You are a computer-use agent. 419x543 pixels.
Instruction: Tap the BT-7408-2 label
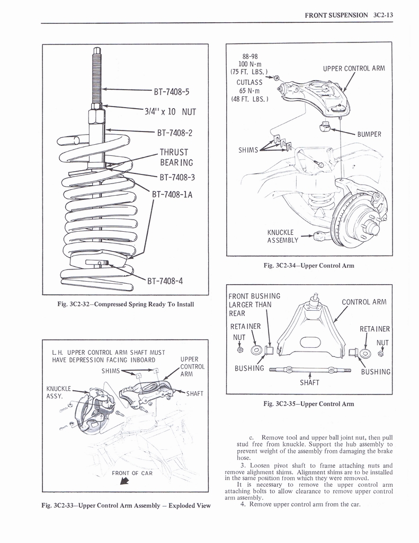(x=175, y=132)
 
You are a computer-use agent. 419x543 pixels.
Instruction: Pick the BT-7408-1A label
(x=172, y=194)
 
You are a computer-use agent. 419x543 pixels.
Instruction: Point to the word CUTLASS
(x=249, y=82)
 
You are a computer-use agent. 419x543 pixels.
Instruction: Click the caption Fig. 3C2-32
(x=126, y=304)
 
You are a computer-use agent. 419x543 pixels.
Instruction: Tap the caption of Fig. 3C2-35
(x=308, y=404)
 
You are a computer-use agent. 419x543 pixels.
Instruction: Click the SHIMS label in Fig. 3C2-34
(x=248, y=150)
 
